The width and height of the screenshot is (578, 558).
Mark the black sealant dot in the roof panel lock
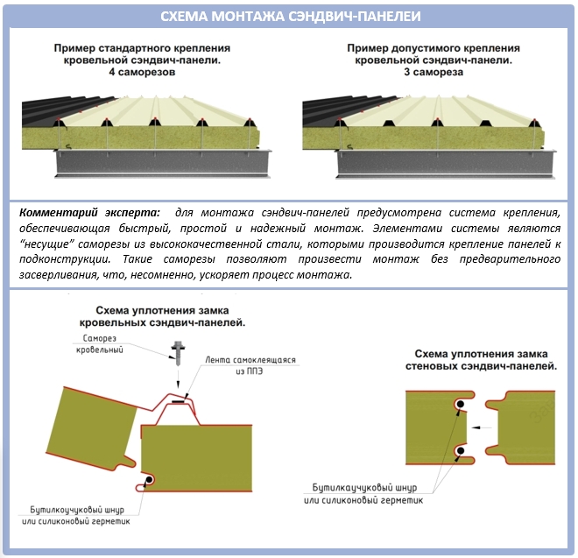[x=150, y=480]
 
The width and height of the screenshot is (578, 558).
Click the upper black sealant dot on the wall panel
[x=460, y=404]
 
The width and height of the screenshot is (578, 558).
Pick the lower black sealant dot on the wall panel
[x=460, y=452]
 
